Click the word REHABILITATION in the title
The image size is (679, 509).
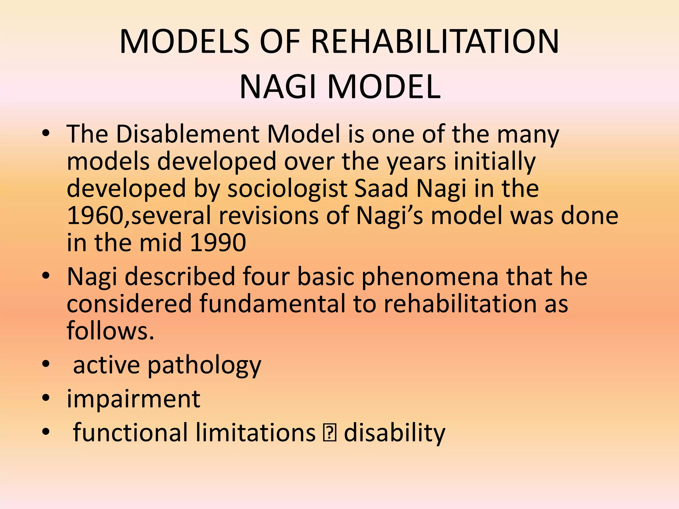(x=435, y=42)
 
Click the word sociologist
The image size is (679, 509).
(x=287, y=189)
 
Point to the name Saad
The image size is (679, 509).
(x=381, y=189)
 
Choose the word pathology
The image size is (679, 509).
(x=204, y=366)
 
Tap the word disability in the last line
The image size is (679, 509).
(x=394, y=433)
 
